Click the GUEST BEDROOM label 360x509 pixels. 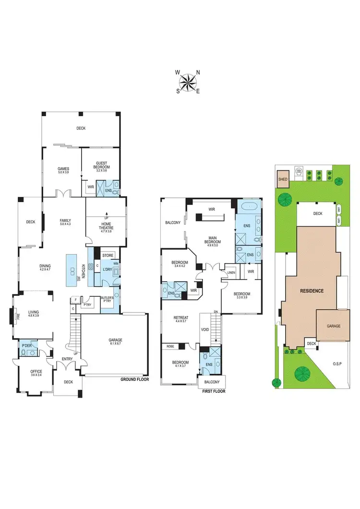coord(102,165)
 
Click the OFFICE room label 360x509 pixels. coord(36,372)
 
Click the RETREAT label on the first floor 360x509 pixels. coord(180,317)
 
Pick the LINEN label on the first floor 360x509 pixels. coord(231,273)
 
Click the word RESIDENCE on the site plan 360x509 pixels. coord(312,291)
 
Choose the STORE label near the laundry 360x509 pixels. coord(107,255)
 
